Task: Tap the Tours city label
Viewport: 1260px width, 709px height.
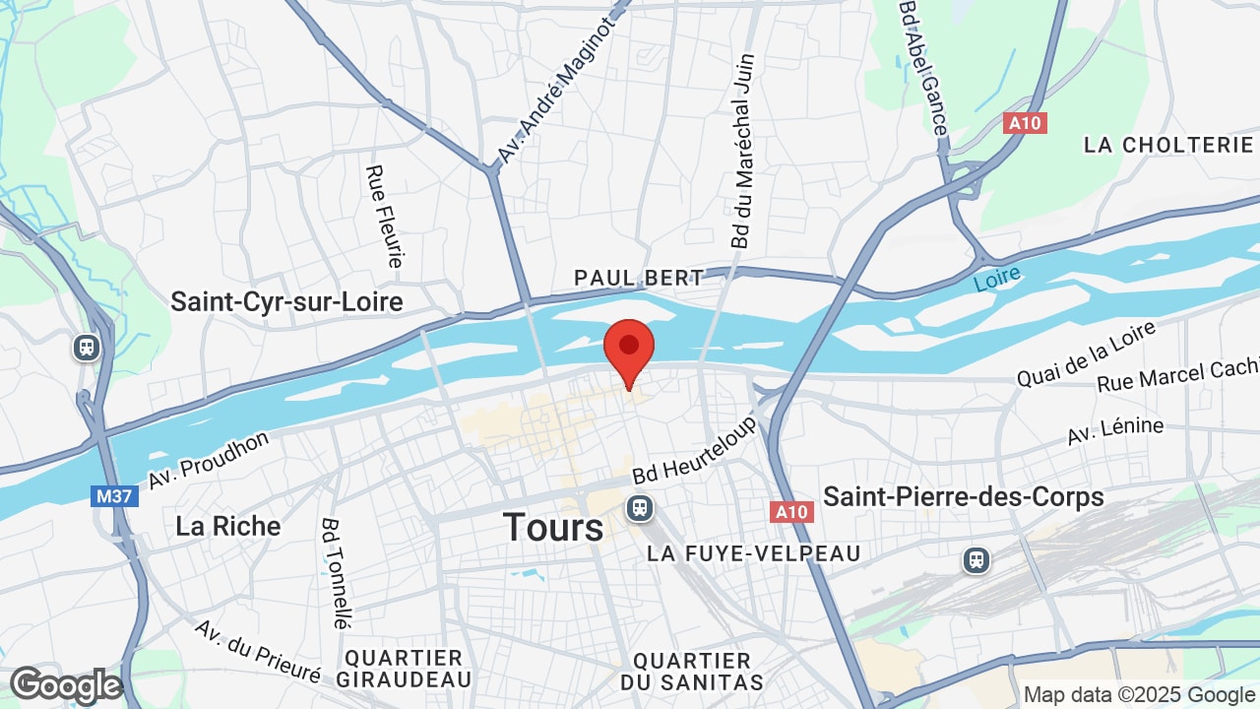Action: pyautogui.click(x=553, y=528)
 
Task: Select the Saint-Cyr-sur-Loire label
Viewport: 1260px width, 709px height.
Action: pyautogui.click(x=286, y=301)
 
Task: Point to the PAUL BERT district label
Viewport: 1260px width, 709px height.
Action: pyautogui.click(x=639, y=278)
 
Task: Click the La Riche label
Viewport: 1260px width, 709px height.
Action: pyautogui.click(x=227, y=526)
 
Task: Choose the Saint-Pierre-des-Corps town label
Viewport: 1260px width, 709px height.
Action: pyautogui.click(x=963, y=496)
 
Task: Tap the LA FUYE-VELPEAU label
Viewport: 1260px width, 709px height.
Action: pyautogui.click(x=753, y=554)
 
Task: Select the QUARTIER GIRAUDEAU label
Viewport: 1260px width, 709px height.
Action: pyautogui.click(x=404, y=669)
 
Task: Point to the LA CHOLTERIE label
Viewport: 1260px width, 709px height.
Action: pyautogui.click(x=1168, y=145)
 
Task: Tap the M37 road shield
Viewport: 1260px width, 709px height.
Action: pyautogui.click(x=114, y=496)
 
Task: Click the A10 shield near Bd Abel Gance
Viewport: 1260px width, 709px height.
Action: pyautogui.click(x=1024, y=123)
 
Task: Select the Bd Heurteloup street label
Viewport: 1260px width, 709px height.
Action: pyautogui.click(x=695, y=447)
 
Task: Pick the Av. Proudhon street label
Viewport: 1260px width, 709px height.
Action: pyautogui.click(x=209, y=460)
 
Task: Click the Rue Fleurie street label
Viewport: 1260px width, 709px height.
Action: pyautogui.click(x=385, y=217)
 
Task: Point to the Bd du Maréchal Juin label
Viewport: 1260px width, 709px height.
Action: pyautogui.click(x=742, y=151)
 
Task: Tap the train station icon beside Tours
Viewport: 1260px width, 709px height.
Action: pyautogui.click(x=640, y=508)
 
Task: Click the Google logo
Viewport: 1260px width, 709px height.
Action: pyautogui.click(x=66, y=686)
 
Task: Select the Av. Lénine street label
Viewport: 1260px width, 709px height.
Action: pyautogui.click(x=1115, y=430)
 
